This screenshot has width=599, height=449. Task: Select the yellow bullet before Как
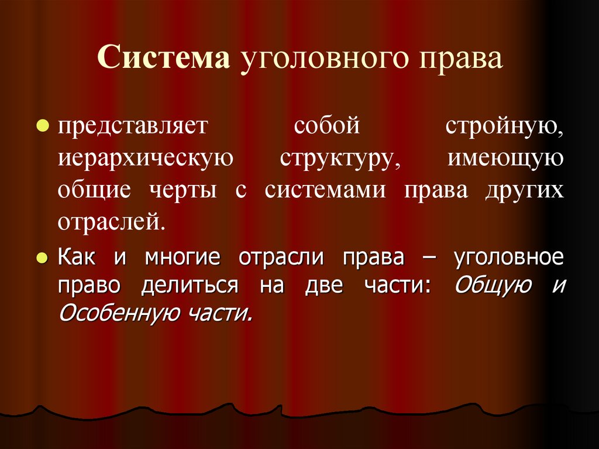[x=42, y=258]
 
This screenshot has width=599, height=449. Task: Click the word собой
[x=325, y=126]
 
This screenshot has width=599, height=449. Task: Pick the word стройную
[x=504, y=128]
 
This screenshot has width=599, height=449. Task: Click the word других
[x=524, y=192]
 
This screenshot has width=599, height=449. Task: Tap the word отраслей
[x=108, y=223]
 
